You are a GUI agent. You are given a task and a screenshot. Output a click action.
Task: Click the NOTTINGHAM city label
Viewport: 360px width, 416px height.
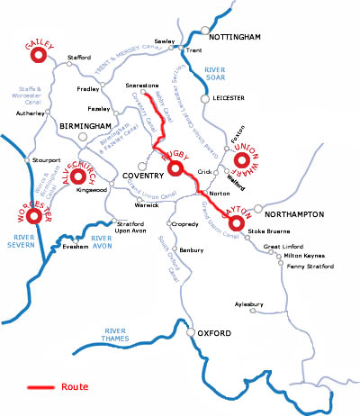tap(234, 37)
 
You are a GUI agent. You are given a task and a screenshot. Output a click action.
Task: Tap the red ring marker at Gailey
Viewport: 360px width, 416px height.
tap(39, 56)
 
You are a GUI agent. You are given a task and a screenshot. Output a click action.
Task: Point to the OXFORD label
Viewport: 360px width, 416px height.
tap(217, 334)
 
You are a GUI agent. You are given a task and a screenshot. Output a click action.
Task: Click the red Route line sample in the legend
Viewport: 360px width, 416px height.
tap(40, 387)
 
